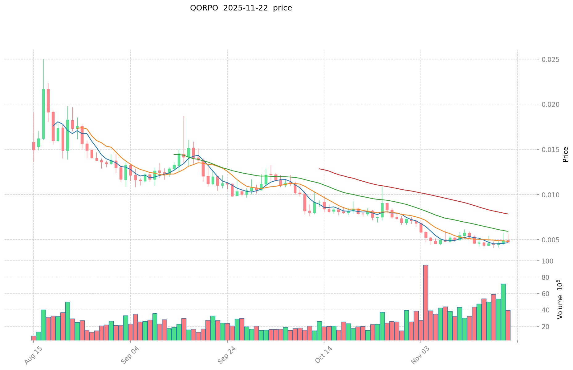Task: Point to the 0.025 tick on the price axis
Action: tap(551, 59)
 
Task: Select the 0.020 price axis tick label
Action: tap(551, 104)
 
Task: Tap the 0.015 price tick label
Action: tap(551, 150)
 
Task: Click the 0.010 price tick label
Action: tap(551, 195)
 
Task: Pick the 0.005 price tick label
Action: tap(551, 240)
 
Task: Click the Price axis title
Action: tap(565, 155)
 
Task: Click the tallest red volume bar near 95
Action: tap(425, 302)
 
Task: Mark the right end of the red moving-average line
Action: tap(508, 214)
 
